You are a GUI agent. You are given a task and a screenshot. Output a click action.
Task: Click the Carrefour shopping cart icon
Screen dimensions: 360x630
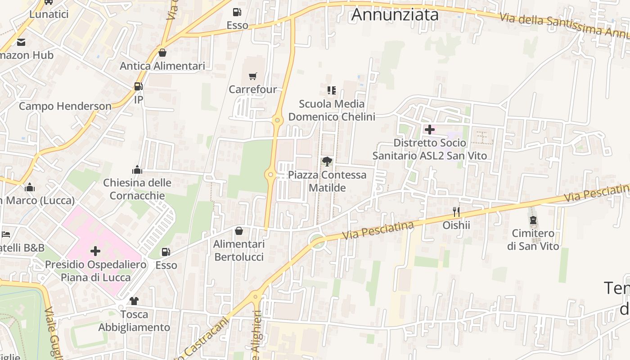point(252,77)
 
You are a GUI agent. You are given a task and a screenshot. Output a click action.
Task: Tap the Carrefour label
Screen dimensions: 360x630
point(252,90)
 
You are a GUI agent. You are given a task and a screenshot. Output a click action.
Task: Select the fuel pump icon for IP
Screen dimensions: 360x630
point(138,86)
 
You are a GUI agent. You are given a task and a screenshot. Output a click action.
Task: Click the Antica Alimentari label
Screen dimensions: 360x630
point(162,66)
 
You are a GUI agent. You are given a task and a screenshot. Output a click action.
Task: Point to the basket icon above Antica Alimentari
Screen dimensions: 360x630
point(162,53)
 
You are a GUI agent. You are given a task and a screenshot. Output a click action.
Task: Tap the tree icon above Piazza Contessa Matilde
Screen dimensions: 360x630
point(327,162)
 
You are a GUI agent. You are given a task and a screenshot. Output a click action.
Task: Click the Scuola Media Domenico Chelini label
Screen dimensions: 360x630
point(332,110)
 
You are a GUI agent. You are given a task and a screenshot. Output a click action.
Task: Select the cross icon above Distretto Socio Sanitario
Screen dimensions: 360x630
point(429,130)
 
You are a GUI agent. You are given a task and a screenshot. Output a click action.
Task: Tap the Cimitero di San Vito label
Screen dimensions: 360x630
point(533,240)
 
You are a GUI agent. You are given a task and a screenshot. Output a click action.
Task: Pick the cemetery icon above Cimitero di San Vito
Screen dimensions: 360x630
point(533,220)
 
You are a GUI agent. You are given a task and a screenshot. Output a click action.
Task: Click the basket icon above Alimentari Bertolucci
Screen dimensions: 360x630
point(239,231)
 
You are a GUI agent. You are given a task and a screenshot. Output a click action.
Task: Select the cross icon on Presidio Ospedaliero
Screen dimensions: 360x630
point(95,251)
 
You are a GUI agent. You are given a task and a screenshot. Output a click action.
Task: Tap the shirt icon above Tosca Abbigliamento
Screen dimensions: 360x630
point(134,301)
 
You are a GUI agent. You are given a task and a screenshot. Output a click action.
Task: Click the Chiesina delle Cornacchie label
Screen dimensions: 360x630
point(137,189)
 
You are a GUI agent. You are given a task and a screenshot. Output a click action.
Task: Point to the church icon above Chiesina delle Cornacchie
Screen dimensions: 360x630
point(137,170)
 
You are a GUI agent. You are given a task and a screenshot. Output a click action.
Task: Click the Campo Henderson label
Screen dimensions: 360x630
point(65,106)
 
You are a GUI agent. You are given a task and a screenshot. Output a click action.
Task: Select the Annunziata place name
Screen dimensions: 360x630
point(395,14)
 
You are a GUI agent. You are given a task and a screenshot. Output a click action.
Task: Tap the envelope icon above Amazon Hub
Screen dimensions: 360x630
point(21,42)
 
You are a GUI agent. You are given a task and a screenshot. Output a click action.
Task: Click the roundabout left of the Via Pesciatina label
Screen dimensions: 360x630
point(318,242)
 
